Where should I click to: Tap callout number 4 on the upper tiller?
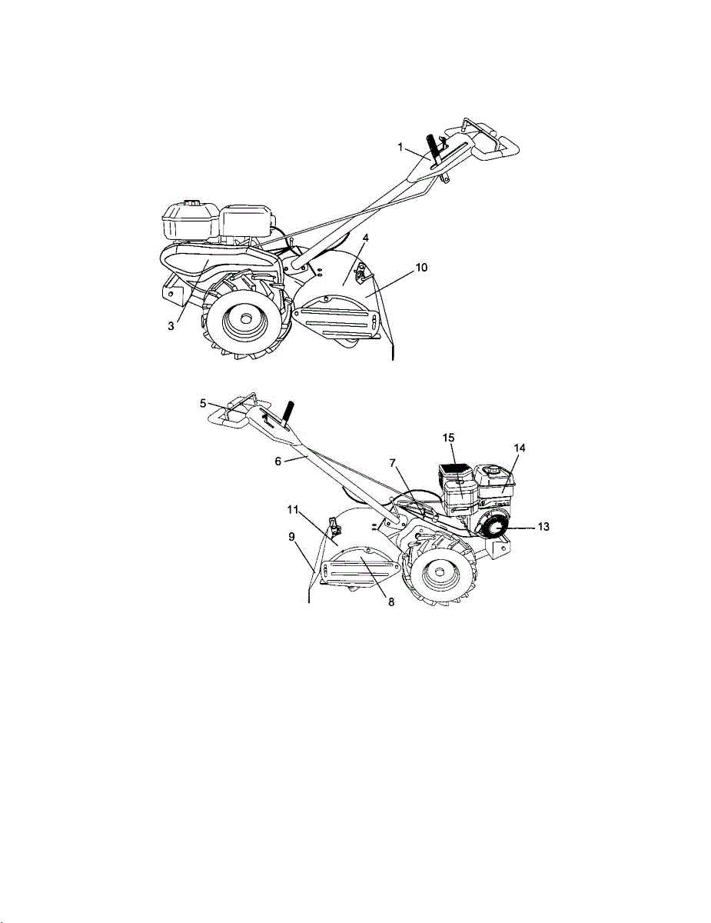365,239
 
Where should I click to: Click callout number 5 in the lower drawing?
203,402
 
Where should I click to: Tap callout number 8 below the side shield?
390,602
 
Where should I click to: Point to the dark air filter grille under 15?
452,467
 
